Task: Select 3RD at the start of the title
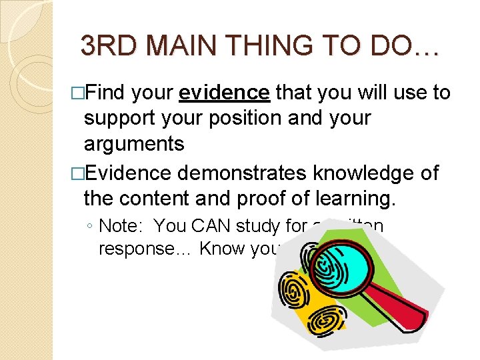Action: click(x=106, y=46)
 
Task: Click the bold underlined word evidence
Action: click(x=224, y=93)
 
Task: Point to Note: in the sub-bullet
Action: click(x=122, y=226)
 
